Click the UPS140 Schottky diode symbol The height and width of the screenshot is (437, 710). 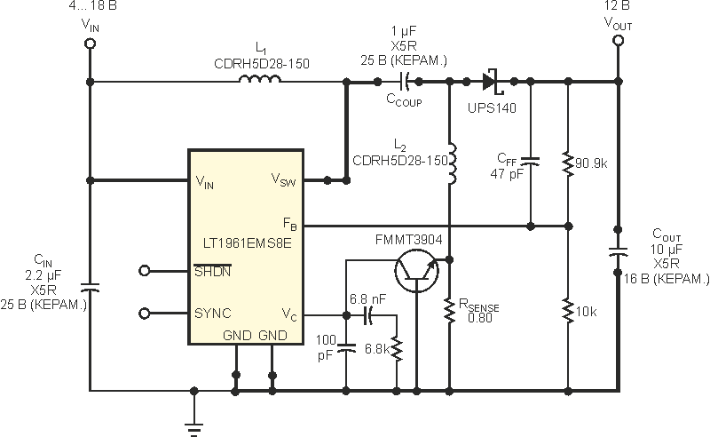pyautogui.click(x=491, y=82)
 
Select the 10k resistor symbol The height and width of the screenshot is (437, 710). pyautogui.click(x=566, y=312)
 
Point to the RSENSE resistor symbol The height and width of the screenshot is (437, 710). pyautogui.click(x=451, y=307)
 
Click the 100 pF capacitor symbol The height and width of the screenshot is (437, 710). pyautogui.click(x=346, y=347)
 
